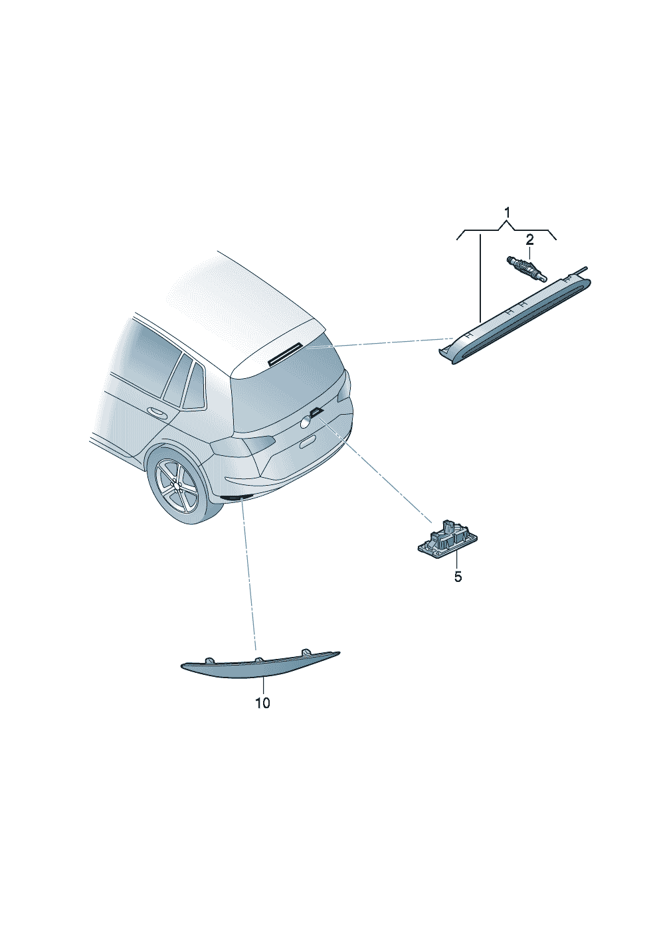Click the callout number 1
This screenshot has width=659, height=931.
[x=506, y=213]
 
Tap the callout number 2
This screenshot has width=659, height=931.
[x=529, y=240]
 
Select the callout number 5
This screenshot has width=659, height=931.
[x=458, y=577]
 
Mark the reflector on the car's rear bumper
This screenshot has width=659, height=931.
[x=233, y=497]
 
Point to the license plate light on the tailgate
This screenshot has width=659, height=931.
[x=317, y=411]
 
